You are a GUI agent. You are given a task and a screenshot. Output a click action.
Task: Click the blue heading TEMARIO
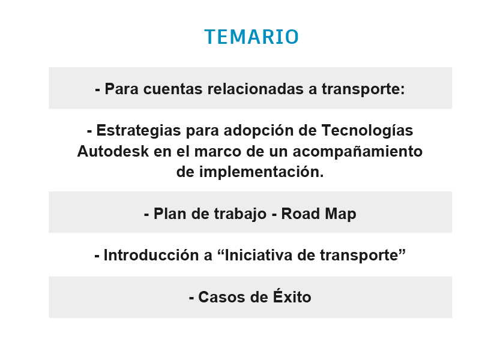coord(252,37)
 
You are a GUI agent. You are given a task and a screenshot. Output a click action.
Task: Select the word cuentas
coord(173,89)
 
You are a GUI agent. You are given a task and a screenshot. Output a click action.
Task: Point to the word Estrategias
coord(139,130)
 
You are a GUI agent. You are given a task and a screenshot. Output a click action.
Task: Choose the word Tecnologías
coord(367,130)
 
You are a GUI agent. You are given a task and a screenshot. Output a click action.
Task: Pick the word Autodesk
coord(113,151)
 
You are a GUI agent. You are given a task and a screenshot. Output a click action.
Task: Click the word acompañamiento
coord(358,151)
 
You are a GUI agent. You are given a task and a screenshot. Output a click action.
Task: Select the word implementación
coord(262,172)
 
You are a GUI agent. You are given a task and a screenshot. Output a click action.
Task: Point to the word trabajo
coord(240,214)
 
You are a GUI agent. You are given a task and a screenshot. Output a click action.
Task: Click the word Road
coord(300,214)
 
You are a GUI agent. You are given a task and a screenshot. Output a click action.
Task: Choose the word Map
coord(340,214)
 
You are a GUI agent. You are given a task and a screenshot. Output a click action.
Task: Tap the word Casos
coord(222,297)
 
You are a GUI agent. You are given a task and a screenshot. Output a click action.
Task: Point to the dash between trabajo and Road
coord(274,215)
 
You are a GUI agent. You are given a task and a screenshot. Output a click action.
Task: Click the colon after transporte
coord(403,90)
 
